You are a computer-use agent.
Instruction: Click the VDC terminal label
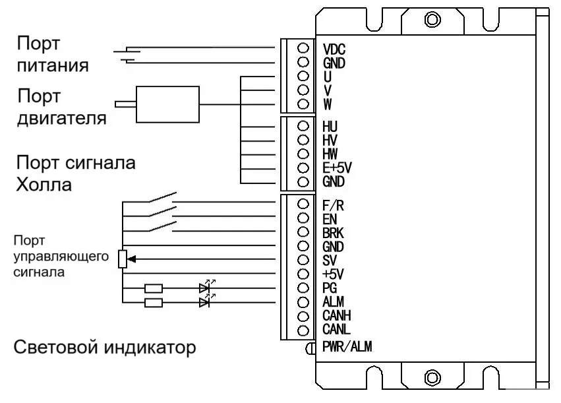[x=334, y=49]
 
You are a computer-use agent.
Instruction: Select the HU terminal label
[x=331, y=125]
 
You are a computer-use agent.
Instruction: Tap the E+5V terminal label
[x=338, y=168]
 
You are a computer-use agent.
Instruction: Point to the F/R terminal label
[x=334, y=204]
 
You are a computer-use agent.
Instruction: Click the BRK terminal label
[x=334, y=232]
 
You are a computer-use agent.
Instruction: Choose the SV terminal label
[x=330, y=260]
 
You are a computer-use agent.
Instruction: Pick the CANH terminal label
[x=337, y=316]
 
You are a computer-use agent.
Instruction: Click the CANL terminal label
[x=336, y=329]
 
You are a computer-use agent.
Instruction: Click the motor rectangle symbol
[x=167, y=104]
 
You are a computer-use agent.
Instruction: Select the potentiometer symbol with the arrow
[x=123, y=260]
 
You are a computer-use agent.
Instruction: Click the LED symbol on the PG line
[x=206, y=288]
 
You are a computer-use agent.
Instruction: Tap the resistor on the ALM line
[x=154, y=303]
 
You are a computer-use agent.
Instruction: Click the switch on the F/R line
[x=162, y=199]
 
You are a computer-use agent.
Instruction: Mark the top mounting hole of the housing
[x=432, y=19]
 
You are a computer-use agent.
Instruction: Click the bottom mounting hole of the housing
[x=432, y=378]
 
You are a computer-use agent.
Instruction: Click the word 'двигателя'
[x=61, y=119]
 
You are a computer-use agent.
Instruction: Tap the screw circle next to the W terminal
[x=304, y=104]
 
